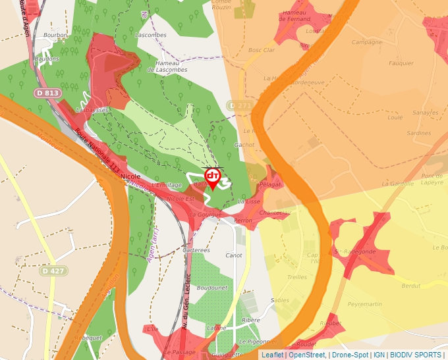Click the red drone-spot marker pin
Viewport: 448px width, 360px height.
pyautogui.click(x=213, y=177)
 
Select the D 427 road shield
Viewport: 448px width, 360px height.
pyautogui.click(x=54, y=270)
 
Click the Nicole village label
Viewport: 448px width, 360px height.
pyautogui.click(x=131, y=177)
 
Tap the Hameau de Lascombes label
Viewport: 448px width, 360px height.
pyautogui.click(x=171, y=66)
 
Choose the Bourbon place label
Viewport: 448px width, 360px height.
pyautogui.click(x=55, y=34)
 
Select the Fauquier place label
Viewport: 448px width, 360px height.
pyautogui.click(x=401, y=63)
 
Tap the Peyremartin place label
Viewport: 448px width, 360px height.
pyautogui.click(x=364, y=305)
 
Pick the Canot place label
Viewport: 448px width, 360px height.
pyautogui.click(x=234, y=255)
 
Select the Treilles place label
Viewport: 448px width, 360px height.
pyautogui.click(x=297, y=277)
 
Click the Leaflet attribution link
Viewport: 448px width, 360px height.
pyautogui.click(x=272, y=355)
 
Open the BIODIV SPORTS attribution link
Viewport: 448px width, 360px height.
pyautogui.click(x=416, y=355)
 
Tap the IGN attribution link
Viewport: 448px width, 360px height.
pyautogui.click(x=379, y=355)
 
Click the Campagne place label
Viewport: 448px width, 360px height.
pyautogui.click(x=367, y=42)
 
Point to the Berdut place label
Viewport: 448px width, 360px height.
pyautogui.click(x=411, y=286)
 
